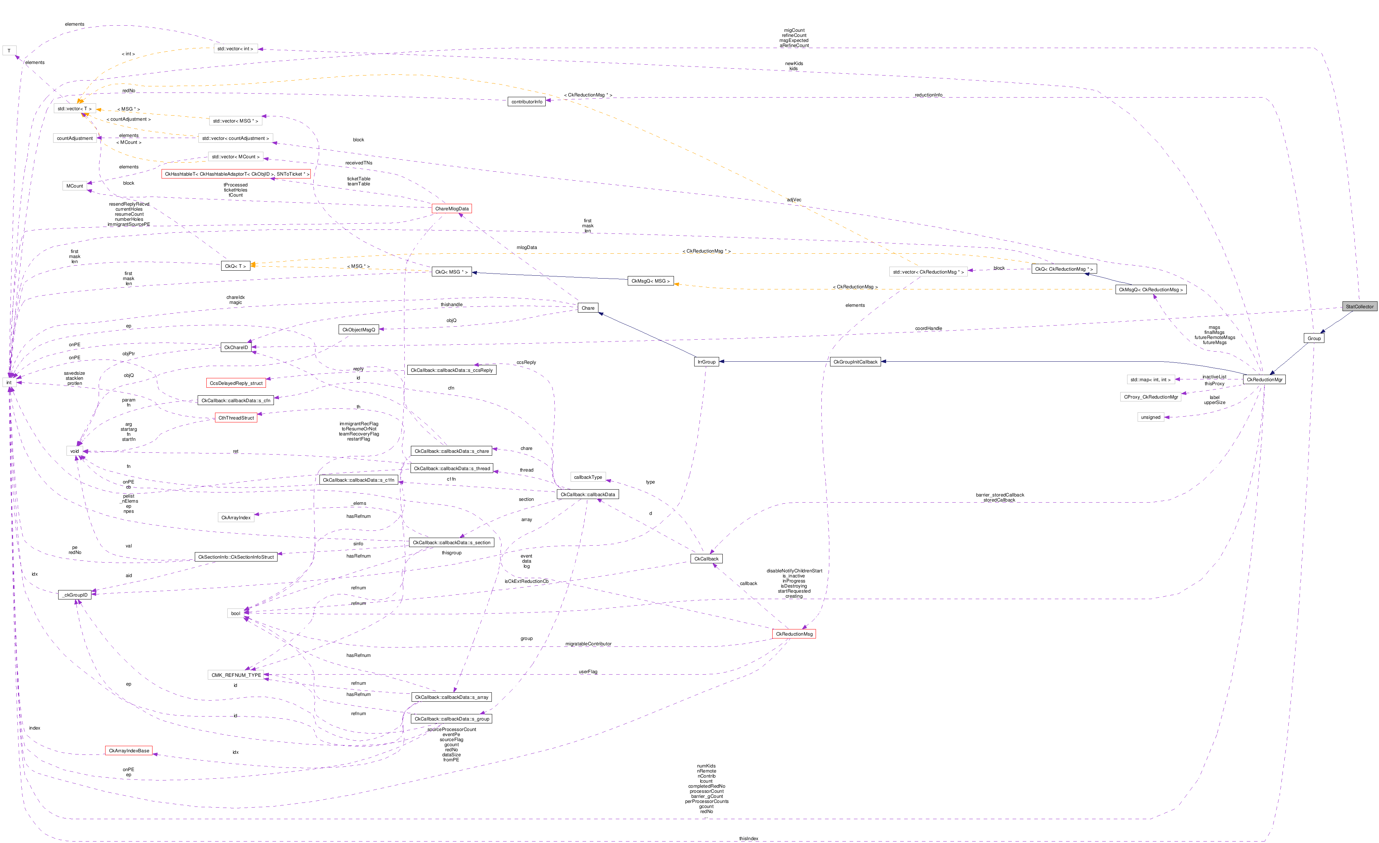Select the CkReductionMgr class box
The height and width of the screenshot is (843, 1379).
tap(1264, 379)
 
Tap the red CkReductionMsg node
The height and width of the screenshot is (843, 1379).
tap(794, 634)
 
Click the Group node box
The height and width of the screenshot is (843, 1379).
tap(1314, 338)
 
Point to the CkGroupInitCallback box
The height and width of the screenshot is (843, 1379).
tap(855, 362)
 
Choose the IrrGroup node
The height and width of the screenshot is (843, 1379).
tap(706, 362)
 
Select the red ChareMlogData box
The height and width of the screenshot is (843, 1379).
tap(452, 209)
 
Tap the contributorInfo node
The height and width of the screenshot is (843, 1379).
tap(526, 102)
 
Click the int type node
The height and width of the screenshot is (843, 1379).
tap(9, 383)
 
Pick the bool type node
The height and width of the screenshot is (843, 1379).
tap(236, 614)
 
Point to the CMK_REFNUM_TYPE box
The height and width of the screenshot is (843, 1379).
tap(236, 675)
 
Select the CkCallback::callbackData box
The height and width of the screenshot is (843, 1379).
tap(587, 494)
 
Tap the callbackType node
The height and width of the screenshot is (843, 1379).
tap(588, 477)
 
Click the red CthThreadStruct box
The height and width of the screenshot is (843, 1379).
tap(236, 418)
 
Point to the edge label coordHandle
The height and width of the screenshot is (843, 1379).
tap(928, 328)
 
